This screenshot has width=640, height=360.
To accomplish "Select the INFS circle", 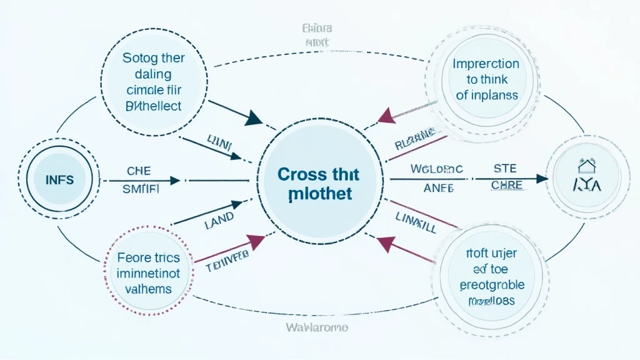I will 60,180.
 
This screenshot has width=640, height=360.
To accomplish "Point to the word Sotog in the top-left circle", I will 137,58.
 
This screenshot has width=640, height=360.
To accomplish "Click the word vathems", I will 148,289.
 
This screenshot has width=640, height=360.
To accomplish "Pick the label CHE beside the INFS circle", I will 139,170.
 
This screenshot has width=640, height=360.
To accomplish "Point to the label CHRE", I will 507,186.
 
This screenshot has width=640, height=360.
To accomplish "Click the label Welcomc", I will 436,168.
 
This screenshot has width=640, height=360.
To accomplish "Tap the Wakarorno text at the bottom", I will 317,327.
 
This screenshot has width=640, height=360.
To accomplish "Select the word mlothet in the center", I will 321,194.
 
